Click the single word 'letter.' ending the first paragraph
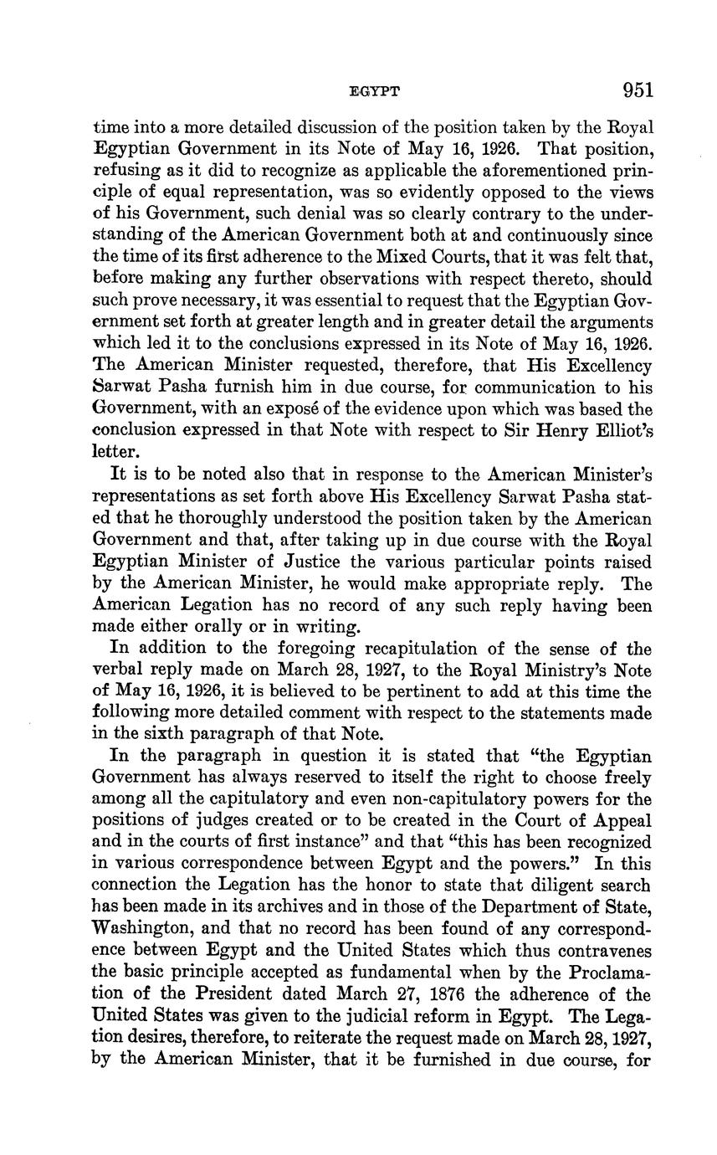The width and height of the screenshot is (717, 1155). (x=114, y=452)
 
